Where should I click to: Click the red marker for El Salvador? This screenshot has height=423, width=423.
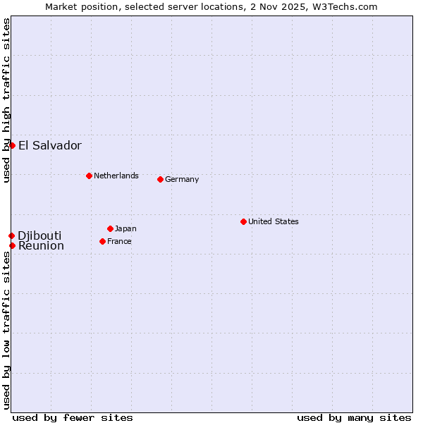[12, 145]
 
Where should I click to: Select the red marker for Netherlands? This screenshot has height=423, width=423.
[89, 176]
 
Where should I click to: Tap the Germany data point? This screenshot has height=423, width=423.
[160, 179]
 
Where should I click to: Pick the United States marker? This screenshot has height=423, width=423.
[243, 221]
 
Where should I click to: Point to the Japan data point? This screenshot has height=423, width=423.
[110, 228]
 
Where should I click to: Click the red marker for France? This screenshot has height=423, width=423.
[102, 241]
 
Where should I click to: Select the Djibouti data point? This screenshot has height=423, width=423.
[11, 235]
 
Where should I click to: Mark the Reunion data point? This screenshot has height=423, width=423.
[12, 245]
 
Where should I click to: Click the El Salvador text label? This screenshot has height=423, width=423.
[50, 146]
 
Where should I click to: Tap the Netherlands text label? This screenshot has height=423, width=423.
[116, 176]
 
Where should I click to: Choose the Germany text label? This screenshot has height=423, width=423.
[182, 179]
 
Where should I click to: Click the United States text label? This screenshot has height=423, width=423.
[274, 221]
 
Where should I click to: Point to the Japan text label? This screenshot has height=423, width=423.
[125, 228]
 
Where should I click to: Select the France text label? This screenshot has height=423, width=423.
[119, 241]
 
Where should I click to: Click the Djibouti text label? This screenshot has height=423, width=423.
[39, 235]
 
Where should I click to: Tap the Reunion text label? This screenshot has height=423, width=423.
[41, 246]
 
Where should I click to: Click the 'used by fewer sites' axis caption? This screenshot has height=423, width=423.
[73, 417]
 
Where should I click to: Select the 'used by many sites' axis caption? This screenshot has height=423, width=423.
[354, 417]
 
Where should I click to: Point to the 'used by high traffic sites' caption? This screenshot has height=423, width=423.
[6, 100]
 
